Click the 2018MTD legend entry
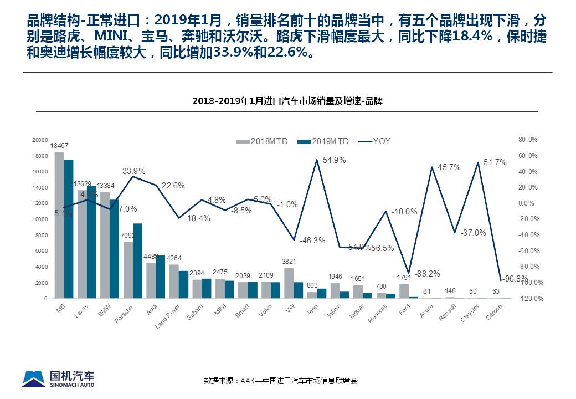coord(263,141)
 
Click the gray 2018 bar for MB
coord(59,225)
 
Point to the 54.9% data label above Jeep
coord(334,160)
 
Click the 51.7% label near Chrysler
coord(495,162)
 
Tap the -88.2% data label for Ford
coord(427,273)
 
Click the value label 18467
coord(59,146)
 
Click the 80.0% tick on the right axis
coord(528,140)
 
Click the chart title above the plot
coord(287,101)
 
